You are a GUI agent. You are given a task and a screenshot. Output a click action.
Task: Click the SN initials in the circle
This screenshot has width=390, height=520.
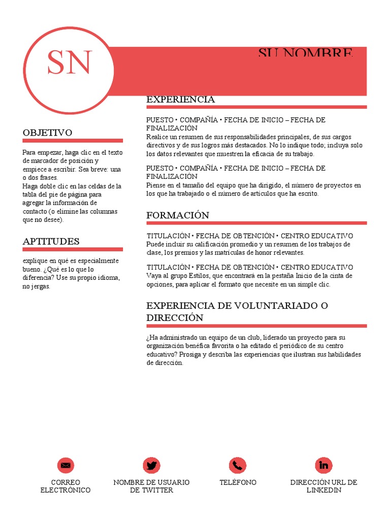tap(70, 63)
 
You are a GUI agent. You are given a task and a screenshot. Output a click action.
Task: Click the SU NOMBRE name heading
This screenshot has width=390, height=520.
tap(305, 53)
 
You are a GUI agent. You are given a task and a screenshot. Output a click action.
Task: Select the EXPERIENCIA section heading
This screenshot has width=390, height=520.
tap(180, 100)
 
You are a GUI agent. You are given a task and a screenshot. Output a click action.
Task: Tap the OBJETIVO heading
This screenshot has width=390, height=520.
tap(47, 133)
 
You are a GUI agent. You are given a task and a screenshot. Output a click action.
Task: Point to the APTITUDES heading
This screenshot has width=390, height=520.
tap(51, 242)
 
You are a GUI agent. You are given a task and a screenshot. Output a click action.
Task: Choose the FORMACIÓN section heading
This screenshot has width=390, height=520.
tap(178, 215)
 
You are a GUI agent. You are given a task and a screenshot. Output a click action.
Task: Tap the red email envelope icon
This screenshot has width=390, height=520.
tap(65, 465)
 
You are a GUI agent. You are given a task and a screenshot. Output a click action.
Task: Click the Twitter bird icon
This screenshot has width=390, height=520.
tap(151, 465)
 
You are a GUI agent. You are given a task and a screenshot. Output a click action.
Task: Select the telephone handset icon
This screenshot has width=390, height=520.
tap(238, 465)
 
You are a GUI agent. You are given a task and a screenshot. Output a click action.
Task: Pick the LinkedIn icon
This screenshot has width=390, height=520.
tap(324, 465)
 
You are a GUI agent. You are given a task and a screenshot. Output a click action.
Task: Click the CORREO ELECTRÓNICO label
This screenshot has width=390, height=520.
tap(65, 486)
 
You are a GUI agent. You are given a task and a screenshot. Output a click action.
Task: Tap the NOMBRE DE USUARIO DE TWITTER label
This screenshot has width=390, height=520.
tap(151, 486)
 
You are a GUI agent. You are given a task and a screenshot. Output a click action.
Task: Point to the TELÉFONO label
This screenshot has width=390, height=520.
tap(238, 482)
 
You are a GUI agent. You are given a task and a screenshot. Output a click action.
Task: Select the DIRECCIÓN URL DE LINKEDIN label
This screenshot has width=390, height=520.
tap(324, 486)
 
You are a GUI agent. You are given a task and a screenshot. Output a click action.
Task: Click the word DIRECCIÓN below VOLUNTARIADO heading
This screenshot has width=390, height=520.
tap(175, 318)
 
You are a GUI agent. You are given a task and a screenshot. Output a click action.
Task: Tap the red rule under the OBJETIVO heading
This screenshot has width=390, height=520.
tap(73, 141)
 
